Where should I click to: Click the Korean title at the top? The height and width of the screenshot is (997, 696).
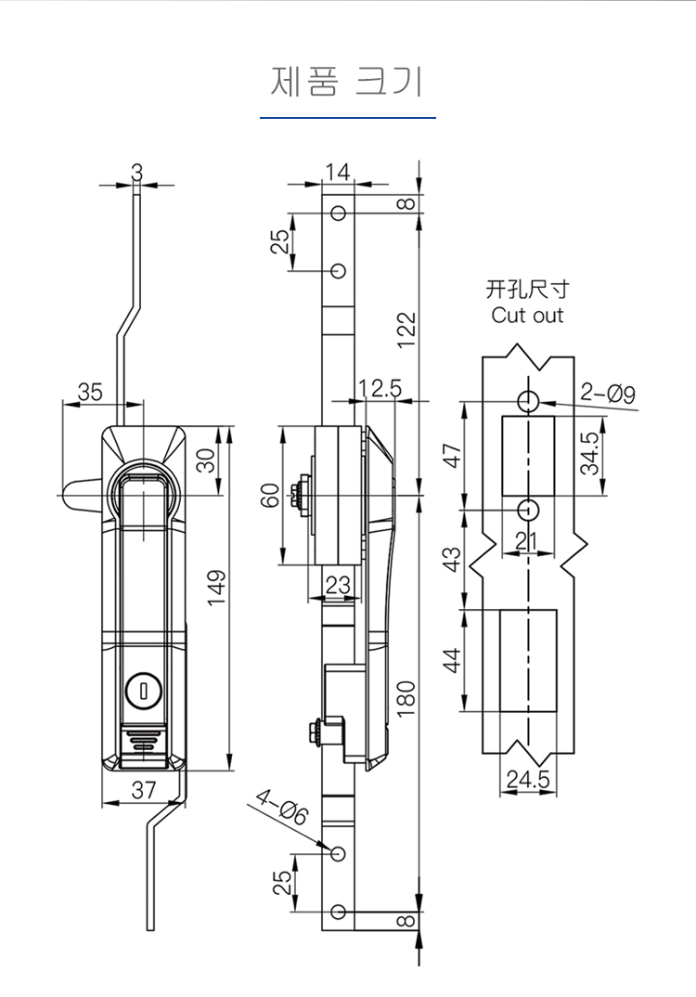(347, 82)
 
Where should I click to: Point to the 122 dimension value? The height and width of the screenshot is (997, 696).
(406, 329)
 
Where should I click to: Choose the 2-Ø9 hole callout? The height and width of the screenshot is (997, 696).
(609, 395)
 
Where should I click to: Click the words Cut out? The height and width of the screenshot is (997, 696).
(527, 316)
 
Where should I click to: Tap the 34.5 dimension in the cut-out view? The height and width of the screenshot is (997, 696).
(590, 453)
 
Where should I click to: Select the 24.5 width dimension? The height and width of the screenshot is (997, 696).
(527, 780)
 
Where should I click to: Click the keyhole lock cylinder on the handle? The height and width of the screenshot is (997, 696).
(143, 689)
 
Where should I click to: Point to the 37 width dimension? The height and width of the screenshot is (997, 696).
(143, 790)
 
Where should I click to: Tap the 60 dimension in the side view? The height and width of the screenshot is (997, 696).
(270, 496)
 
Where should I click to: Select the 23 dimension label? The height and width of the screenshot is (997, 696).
(339, 585)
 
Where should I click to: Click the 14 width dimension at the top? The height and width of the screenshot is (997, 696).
(338, 172)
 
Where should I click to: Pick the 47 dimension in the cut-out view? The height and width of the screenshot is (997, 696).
(452, 456)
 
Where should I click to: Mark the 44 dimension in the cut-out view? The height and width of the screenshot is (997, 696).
(452, 660)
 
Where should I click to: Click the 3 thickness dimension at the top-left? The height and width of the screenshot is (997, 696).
(137, 172)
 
